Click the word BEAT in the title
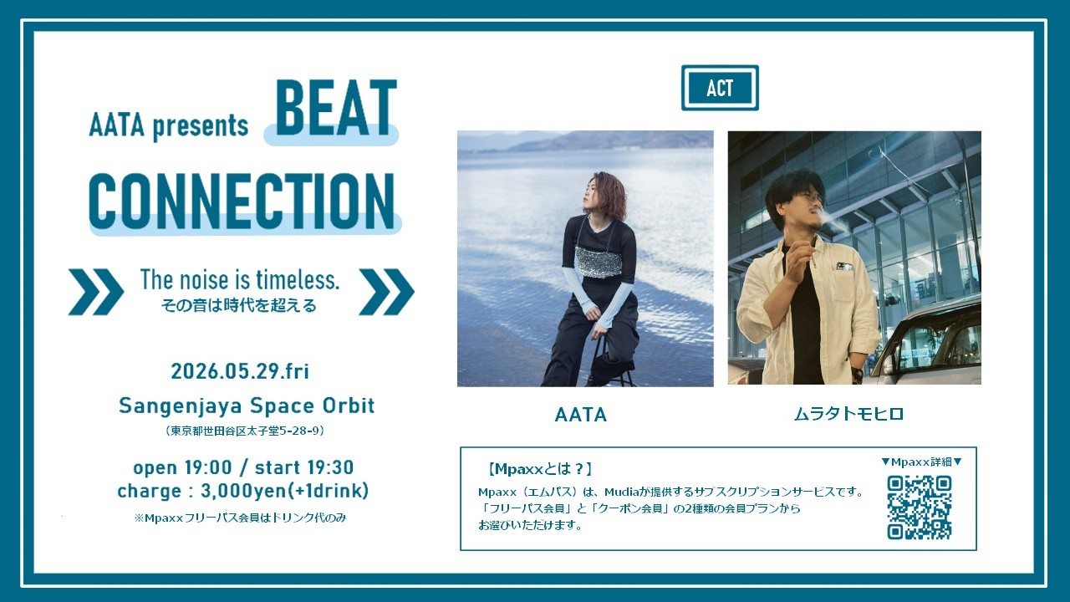(x=336, y=108)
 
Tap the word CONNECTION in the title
(x=242, y=202)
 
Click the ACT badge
(x=720, y=88)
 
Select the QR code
(x=919, y=508)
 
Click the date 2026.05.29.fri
(x=240, y=371)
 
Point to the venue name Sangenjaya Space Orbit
(x=247, y=406)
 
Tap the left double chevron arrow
(x=95, y=292)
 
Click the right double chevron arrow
(x=386, y=292)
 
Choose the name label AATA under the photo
(x=581, y=415)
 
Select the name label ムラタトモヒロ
(x=848, y=414)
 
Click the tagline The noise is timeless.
(x=240, y=279)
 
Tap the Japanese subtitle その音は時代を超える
(x=239, y=305)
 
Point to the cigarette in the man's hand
(x=811, y=253)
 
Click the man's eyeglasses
(x=808, y=196)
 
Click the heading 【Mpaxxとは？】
(x=540, y=469)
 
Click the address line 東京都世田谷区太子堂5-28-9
(x=246, y=431)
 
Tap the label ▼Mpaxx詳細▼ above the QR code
(x=921, y=462)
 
